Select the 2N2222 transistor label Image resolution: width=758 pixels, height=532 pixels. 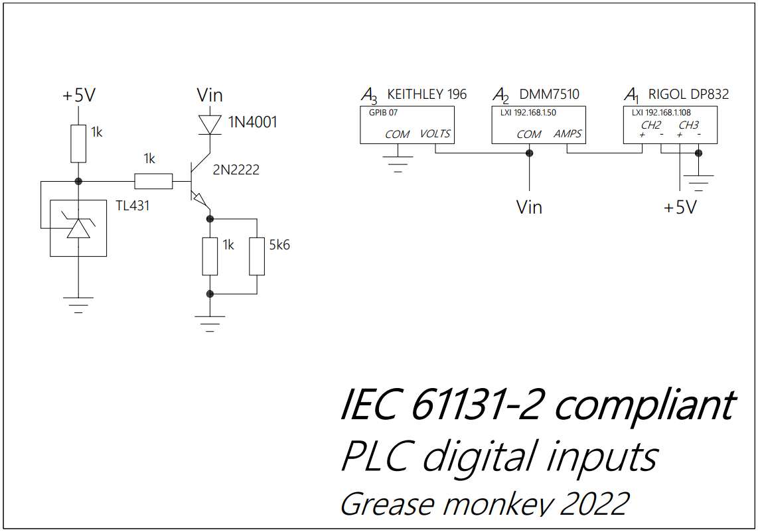[236, 170]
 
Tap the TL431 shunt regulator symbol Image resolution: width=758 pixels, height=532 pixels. [78, 228]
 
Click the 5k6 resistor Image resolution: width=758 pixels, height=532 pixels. [256, 255]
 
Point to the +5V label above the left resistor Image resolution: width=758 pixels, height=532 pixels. [79, 96]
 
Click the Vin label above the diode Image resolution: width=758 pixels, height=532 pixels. [210, 95]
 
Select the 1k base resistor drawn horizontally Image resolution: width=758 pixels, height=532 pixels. [153, 181]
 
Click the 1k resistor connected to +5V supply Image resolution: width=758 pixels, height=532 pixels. [78, 143]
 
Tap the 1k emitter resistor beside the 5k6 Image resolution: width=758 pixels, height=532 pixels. [210, 255]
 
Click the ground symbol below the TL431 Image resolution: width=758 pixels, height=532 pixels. [78, 304]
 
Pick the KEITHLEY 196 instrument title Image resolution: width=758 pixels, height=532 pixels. [426, 94]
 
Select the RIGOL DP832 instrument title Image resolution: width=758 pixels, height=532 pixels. [688, 94]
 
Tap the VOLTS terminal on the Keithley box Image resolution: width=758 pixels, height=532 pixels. [435, 134]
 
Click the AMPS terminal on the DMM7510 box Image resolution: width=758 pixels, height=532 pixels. [568, 134]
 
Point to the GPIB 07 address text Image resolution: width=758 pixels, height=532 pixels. [383, 113]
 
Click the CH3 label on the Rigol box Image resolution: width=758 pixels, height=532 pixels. [688, 125]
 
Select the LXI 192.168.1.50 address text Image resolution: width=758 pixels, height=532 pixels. [528, 113]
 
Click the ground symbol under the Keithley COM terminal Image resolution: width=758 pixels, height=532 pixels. [398, 162]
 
